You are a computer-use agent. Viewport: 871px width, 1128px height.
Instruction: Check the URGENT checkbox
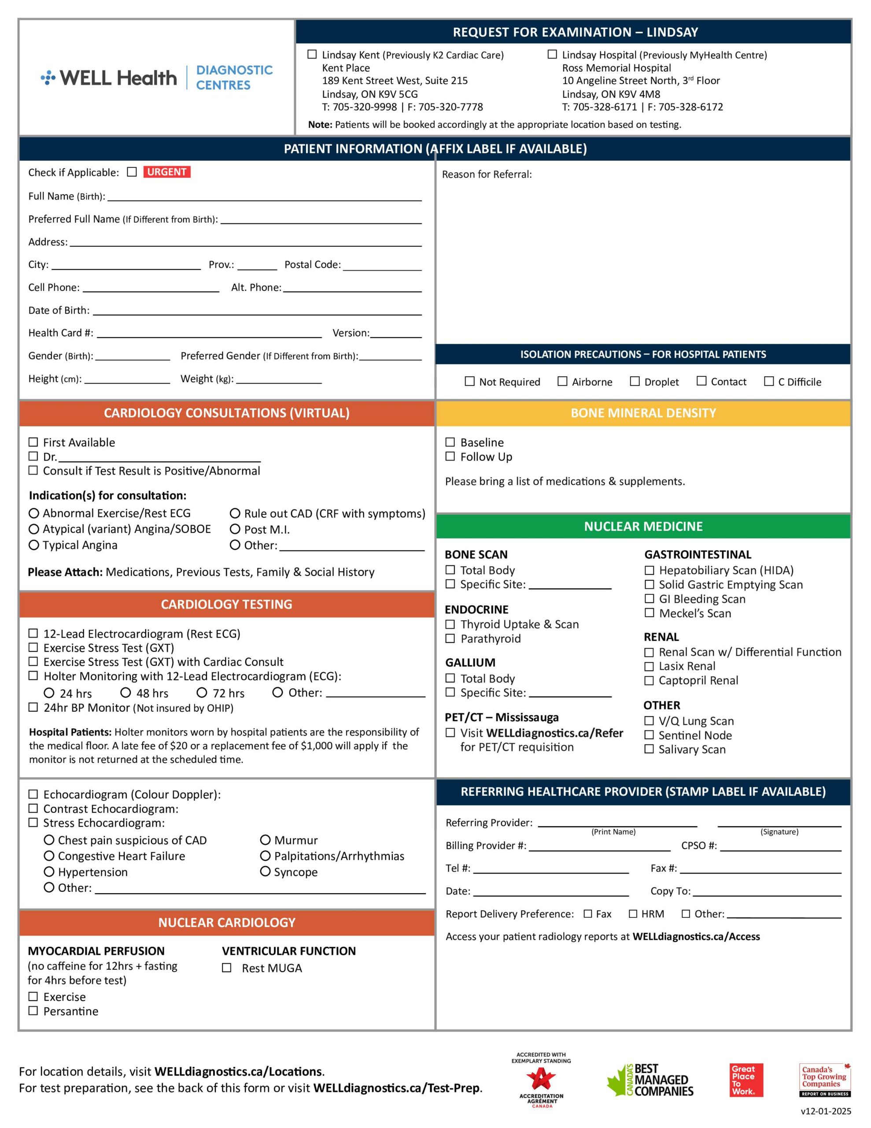pyautogui.click(x=132, y=172)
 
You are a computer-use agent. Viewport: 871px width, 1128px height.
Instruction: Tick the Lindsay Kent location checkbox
pyautogui.click(x=312, y=54)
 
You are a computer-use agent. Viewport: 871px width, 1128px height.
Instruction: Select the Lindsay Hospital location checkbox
pyautogui.click(x=552, y=54)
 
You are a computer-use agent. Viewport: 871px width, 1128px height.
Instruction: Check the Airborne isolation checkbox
pyautogui.click(x=562, y=381)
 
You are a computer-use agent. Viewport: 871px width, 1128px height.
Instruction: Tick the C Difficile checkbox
pyautogui.click(x=769, y=381)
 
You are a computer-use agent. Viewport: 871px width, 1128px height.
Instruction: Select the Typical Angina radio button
pyautogui.click(x=34, y=545)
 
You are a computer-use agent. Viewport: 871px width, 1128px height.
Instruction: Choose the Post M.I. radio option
pyautogui.click(x=235, y=529)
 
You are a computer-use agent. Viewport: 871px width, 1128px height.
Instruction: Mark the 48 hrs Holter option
pyautogui.click(x=125, y=693)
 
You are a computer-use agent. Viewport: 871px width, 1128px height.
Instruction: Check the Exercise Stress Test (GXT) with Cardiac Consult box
pyautogui.click(x=33, y=662)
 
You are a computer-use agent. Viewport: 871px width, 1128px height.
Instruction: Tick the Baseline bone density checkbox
pyautogui.click(x=450, y=442)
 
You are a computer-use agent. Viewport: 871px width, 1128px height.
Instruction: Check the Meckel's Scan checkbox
pyautogui.click(x=649, y=613)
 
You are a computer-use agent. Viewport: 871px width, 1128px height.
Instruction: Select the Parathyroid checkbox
pyautogui.click(x=450, y=638)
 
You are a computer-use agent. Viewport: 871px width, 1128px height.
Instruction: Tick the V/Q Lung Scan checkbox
pyautogui.click(x=649, y=720)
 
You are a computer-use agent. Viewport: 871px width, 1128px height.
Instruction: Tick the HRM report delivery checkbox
pyautogui.click(x=633, y=914)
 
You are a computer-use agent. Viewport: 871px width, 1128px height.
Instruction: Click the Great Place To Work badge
pyautogui.click(x=746, y=1080)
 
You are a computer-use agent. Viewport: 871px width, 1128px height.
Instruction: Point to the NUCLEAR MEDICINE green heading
pyautogui.click(x=643, y=526)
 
